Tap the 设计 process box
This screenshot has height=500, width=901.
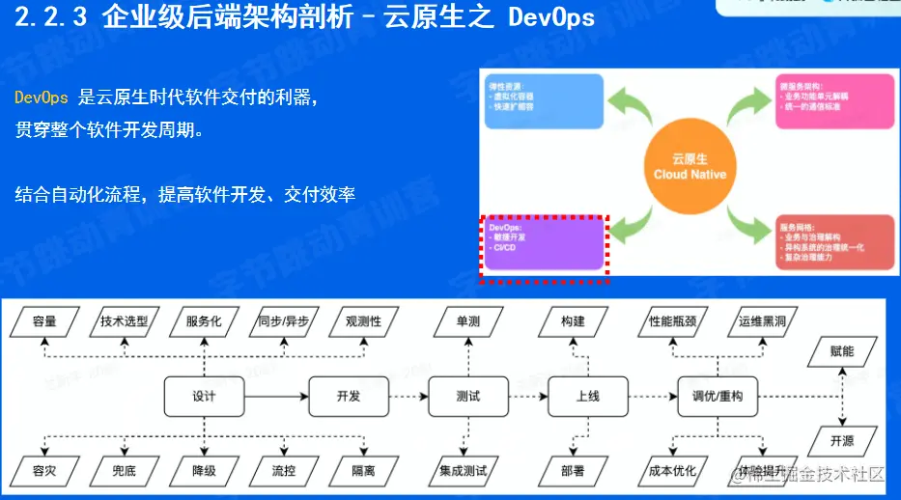coord(204,397)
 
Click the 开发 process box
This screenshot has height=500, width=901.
coord(348,397)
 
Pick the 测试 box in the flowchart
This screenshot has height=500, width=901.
coord(467,397)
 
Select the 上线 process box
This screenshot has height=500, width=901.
coord(587,397)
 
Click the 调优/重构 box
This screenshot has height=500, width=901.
coord(718,397)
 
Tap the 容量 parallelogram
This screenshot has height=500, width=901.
coord(44,321)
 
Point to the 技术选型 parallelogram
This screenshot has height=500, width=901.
coord(124,321)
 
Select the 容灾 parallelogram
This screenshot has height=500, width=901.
coord(44,472)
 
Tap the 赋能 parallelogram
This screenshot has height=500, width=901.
coord(842,351)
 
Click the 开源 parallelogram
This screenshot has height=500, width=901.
coord(842,440)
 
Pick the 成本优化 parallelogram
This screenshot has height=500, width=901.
coord(673,472)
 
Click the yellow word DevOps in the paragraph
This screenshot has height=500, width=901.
coord(42,97)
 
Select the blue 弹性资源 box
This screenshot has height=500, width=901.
coord(543,100)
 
